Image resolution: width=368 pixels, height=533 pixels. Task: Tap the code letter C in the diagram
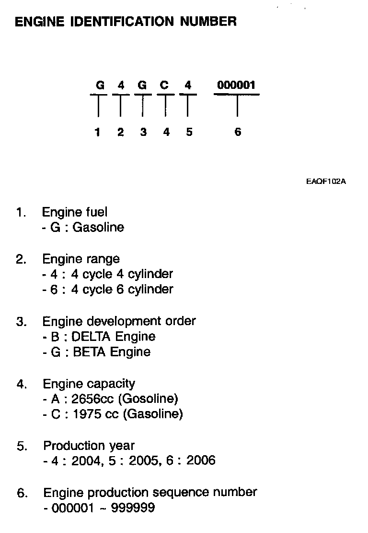tap(164, 85)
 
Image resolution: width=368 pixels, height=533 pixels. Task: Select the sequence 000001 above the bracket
tap(236, 85)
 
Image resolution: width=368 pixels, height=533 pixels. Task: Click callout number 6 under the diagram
tap(238, 132)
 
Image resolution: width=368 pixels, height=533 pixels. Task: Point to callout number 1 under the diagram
tap(98, 132)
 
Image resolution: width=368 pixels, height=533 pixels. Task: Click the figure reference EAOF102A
tap(326, 182)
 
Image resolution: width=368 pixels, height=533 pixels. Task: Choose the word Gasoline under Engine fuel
tap(98, 227)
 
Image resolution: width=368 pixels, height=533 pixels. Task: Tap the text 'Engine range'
tap(81, 259)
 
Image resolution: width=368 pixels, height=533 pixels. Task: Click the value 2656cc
tap(93, 399)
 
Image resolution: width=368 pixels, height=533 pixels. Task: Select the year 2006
tap(201, 461)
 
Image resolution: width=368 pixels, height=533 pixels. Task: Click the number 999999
tap(133, 508)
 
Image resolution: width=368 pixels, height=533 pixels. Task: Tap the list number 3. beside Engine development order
tap(22, 322)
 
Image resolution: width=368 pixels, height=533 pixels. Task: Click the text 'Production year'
tap(89, 446)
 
